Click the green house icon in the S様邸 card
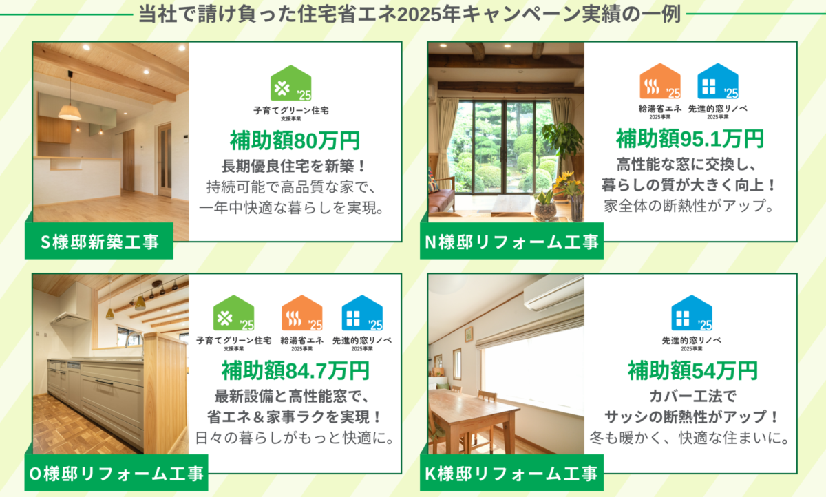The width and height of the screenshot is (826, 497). pyautogui.click(x=291, y=83)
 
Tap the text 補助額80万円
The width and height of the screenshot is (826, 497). pyautogui.click(x=295, y=141)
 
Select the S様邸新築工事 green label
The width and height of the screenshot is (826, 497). pyautogui.click(x=99, y=241)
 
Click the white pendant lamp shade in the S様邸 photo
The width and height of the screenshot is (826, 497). pyautogui.click(x=70, y=112)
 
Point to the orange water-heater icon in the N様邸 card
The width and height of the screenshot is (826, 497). pyautogui.click(x=660, y=81)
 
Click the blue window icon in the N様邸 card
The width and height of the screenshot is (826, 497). pyautogui.click(x=717, y=81)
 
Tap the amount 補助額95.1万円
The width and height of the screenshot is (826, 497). pyautogui.click(x=690, y=139)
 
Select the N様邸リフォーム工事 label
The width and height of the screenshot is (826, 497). pyautogui.click(x=511, y=241)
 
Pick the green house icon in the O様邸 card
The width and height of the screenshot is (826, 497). pyautogui.click(x=234, y=313)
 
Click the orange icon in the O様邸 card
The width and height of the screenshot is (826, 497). pyautogui.click(x=302, y=313)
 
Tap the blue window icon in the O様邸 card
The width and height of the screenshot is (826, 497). pyautogui.click(x=362, y=313)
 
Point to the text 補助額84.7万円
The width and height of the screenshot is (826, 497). pyautogui.click(x=295, y=370)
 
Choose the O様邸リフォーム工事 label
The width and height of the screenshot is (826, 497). pyautogui.click(x=116, y=473)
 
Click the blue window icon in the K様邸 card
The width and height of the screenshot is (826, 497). pyautogui.click(x=692, y=313)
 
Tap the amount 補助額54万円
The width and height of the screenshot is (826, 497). pyautogui.click(x=692, y=370)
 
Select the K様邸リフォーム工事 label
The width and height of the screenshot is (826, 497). pyautogui.click(x=511, y=473)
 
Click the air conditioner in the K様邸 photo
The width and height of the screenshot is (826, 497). pyautogui.click(x=554, y=293)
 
